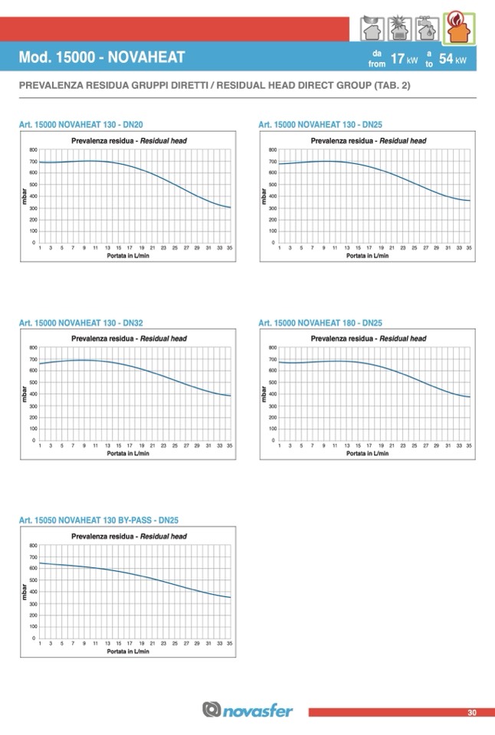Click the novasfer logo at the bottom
[x=247, y=710]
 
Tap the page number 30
[x=472, y=713]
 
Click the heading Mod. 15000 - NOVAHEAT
[x=101, y=58]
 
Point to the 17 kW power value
[x=404, y=59]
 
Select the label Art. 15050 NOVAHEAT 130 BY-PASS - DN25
[x=98, y=520]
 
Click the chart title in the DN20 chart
[x=129, y=141]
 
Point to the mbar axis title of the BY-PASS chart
[x=25, y=592]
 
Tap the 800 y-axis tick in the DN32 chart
[x=33, y=348]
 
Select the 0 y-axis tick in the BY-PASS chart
[x=34, y=638]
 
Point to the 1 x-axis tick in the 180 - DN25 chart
[x=280, y=446]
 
